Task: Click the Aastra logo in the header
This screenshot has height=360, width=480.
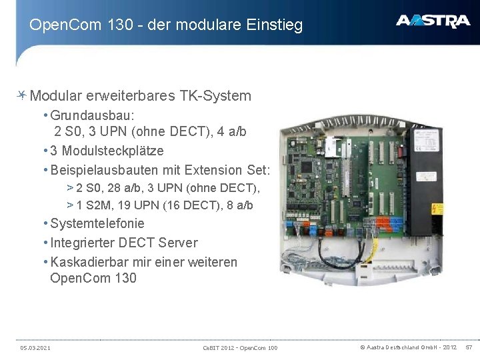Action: (433, 21)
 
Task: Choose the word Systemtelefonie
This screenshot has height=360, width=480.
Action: (97, 223)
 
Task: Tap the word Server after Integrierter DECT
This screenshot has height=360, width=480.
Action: (177, 243)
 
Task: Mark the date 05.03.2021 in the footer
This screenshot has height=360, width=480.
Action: (35, 348)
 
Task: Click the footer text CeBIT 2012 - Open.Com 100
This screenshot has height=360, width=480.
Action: (240, 348)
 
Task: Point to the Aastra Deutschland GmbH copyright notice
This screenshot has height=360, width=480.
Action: (408, 347)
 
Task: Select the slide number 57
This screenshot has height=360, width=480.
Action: (468, 347)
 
